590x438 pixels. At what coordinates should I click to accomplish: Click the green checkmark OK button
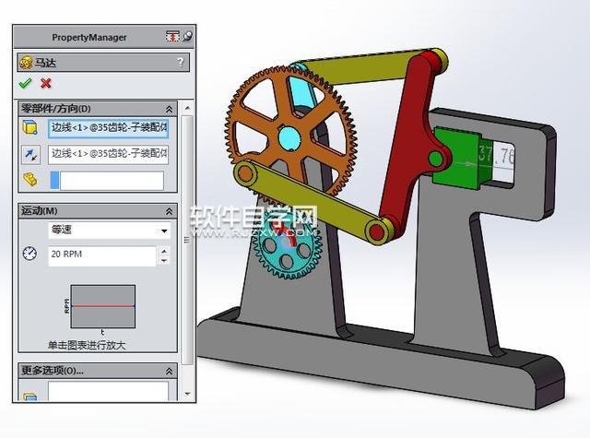tap(25, 84)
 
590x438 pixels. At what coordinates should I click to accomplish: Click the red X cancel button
tap(45, 84)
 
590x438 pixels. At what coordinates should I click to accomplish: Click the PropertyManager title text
tap(89, 38)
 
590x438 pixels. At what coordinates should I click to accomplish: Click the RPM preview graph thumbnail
tap(102, 306)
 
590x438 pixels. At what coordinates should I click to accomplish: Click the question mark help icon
tap(180, 63)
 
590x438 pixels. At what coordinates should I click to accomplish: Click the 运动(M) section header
tap(39, 211)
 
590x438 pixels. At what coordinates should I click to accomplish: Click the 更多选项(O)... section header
tap(52, 371)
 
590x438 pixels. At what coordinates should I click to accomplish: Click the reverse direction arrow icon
tap(30, 154)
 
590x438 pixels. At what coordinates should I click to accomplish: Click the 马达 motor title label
tap(46, 63)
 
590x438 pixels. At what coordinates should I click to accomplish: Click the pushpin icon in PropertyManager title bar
tap(187, 37)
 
